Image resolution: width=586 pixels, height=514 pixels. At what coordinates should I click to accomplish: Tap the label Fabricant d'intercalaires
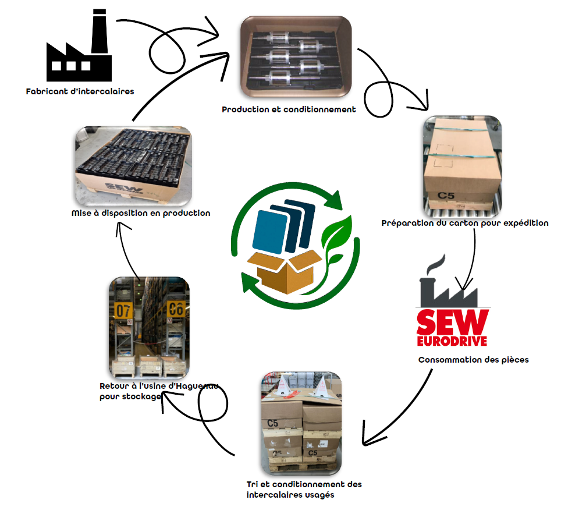click(80, 91)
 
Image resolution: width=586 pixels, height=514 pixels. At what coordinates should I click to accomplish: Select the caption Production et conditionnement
click(289, 109)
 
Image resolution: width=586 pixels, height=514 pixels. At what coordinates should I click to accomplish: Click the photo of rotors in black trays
click(296, 56)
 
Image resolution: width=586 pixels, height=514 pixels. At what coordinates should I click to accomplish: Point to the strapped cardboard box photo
click(462, 166)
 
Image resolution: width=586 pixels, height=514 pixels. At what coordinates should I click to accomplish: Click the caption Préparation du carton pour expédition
click(465, 223)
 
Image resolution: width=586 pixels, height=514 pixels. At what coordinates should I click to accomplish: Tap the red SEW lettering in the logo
click(453, 322)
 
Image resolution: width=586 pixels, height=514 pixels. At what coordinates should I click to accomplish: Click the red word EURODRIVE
click(452, 341)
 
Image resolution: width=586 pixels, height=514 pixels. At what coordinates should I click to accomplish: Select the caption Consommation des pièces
click(474, 360)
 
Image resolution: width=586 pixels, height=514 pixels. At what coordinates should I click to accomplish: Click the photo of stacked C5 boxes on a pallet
click(301, 423)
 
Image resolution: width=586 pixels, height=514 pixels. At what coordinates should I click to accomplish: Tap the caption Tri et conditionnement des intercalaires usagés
click(304, 490)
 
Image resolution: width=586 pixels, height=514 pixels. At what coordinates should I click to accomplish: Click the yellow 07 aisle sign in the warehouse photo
click(123, 310)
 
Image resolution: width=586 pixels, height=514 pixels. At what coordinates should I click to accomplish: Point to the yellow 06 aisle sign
click(176, 309)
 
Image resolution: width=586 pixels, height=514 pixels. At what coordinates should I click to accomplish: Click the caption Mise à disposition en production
click(141, 213)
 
